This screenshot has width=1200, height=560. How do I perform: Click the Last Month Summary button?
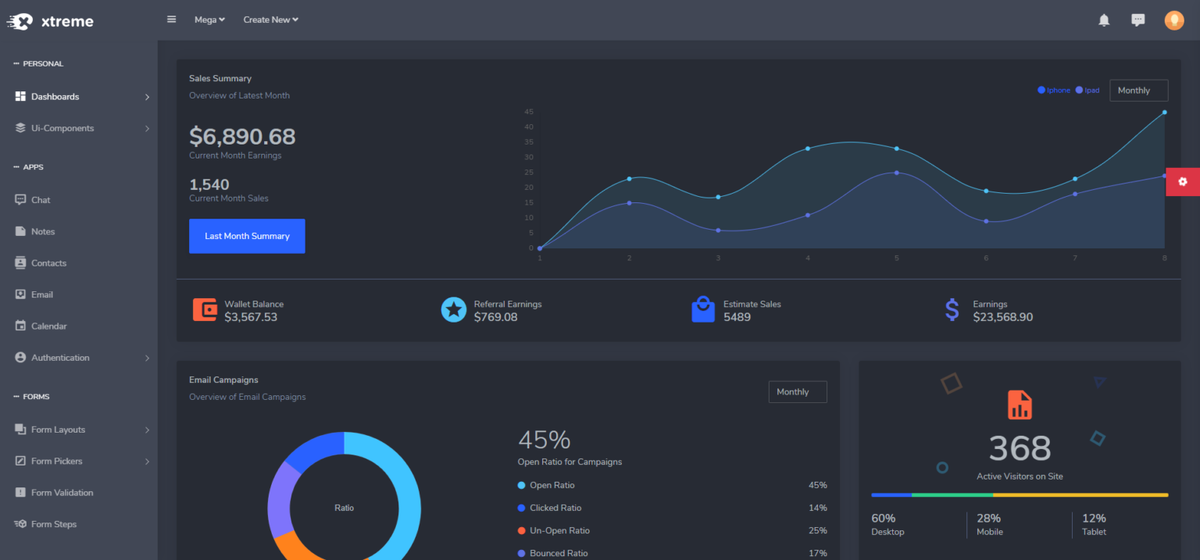pos(247,236)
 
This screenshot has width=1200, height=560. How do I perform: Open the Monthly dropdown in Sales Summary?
pos(1138,91)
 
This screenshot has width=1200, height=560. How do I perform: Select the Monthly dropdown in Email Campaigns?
pos(797,392)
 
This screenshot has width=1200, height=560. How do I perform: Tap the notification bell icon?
pos(1104,20)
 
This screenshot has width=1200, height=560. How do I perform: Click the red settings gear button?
pos(1182,181)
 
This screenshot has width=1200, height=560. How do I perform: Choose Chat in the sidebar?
pos(41,200)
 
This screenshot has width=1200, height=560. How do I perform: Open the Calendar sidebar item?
pos(48,326)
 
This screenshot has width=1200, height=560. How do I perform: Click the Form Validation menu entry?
pos(62,493)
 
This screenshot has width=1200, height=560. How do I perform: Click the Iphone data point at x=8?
pos(1164,112)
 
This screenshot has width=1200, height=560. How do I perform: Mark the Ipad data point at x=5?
pos(896,173)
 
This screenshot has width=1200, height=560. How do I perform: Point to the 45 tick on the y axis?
pos(529,112)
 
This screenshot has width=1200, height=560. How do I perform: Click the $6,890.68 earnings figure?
pos(242,137)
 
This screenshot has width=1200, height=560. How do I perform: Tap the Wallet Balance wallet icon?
pos(205,310)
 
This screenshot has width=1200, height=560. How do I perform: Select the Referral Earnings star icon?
pos(453,310)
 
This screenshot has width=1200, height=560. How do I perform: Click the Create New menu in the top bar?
pos(270,20)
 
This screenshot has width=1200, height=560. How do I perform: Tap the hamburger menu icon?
pos(172,20)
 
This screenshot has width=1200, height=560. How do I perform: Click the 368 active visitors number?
pos(1020,448)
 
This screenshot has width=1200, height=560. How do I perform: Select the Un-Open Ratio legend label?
pos(559,530)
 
